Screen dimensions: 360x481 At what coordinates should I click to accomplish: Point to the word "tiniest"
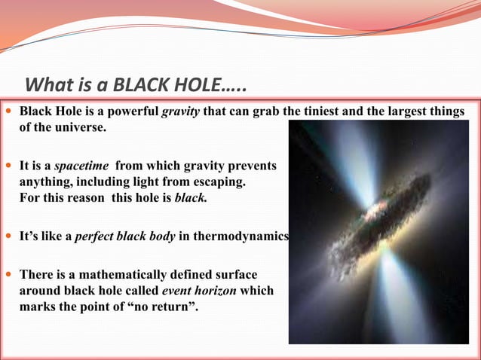click(x=316, y=112)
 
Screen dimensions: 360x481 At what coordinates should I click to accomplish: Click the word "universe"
click(x=80, y=127)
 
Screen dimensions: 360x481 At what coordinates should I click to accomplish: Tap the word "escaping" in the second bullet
click(x=219, y=182)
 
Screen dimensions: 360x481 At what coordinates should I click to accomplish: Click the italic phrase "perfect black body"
click(x=125, y=236)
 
